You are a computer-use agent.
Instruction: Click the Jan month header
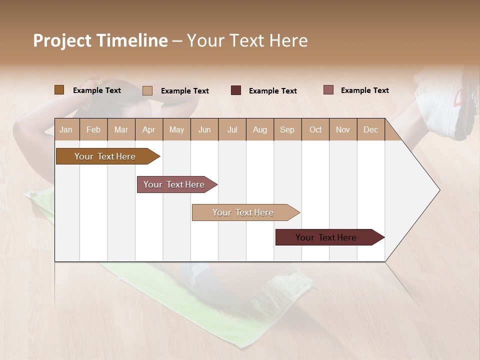(66, 129)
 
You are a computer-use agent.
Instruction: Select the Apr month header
(148, 129)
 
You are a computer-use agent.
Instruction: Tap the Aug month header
(259, 129)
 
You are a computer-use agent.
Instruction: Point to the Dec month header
(370, 129)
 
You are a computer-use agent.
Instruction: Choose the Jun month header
(204, 129)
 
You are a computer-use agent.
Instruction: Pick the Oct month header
(315, 129)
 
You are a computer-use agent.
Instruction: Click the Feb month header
(93, 129)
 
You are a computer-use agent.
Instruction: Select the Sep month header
(287, 129)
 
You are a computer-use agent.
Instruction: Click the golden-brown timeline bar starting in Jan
(105, 156)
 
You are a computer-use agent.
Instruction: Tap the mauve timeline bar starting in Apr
(174, 184)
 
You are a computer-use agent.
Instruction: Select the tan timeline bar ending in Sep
(243, 212)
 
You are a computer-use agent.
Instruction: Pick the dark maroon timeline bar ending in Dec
(326, 237)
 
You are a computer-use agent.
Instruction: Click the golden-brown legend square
(59, 90)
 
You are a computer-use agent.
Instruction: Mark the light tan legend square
(147, 90)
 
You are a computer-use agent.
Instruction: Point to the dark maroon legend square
(236, 90)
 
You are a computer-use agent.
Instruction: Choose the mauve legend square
(328, 90)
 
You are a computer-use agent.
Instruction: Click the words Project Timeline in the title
(100, 40)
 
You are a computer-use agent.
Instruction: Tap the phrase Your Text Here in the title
(247, 40)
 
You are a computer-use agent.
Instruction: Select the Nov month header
(342, 129)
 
